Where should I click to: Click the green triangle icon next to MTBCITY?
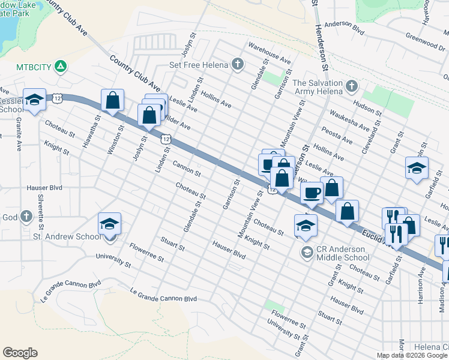tap(61, 65)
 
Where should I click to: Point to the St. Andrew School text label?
tap(66, 236)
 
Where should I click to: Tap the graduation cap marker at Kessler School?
tap(34, 100)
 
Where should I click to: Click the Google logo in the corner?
tap(20, 353)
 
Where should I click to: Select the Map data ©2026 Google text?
tap(412, 355)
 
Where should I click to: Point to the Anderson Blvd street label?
tap(345, 27)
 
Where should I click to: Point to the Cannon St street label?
tap(186, 168)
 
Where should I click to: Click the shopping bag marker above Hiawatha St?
tap(112, 100)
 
